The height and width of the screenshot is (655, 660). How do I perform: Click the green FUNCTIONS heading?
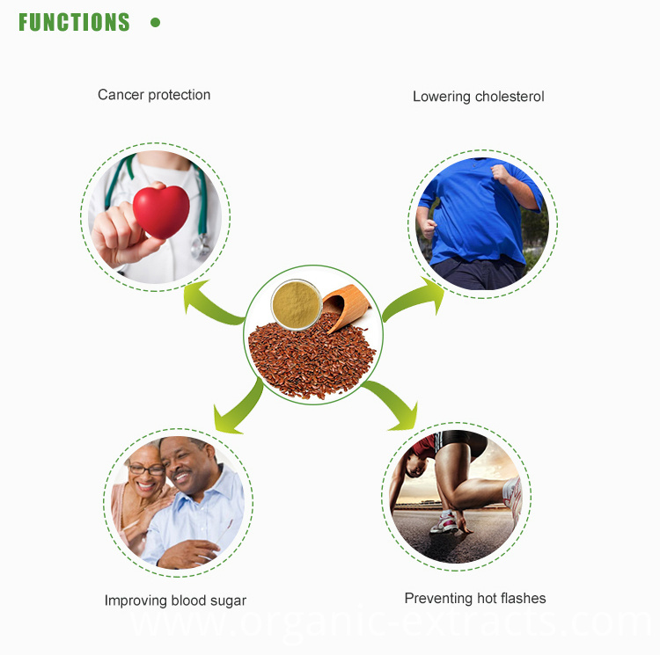[x=74, y=22]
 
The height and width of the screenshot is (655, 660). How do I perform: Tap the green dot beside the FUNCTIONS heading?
[x=155, y=22]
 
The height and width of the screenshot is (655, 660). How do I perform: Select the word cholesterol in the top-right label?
[x=510, y=97]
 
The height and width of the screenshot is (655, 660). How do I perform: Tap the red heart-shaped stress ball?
[x=161, y=212]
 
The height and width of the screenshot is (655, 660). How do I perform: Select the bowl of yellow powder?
[x=297, y=304]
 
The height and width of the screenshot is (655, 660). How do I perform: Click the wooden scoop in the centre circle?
[x=346, y=306]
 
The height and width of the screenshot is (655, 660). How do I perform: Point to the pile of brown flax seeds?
[x=312, y=357]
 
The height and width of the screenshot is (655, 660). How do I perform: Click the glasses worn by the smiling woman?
[x=146, y=469]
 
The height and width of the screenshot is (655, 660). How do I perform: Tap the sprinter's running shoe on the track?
[x=444, y=522]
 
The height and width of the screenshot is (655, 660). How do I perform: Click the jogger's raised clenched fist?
[x=500, y=173]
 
